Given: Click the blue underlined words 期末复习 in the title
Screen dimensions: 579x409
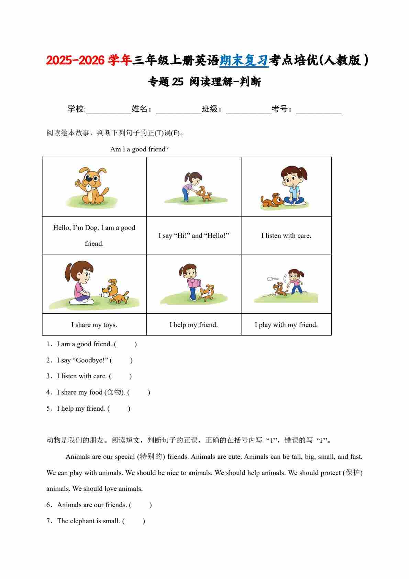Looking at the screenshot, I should pyautogui.click(x=244, y=61).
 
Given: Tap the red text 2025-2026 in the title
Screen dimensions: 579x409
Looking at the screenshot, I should pyautogui.click(x=75, y=61).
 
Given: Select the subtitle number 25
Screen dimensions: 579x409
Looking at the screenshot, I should pyautogui.click(x=178, y=82).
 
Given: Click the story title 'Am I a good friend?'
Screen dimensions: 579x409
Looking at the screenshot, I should pyautogui.click(x=139, y=149).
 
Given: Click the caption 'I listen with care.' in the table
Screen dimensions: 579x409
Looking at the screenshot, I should pyautogui.click(x=286, y=236).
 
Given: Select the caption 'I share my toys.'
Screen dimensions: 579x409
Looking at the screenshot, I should pyautogui.click(x=94, y=325).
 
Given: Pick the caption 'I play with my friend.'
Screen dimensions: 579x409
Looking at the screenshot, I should pyautogui.click(x=286, y=325).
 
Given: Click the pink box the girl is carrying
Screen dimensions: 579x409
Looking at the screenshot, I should pyautogui.click(x=194, y=283).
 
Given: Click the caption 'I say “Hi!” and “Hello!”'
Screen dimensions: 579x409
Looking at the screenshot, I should pyautogui.click(x=194, y=236).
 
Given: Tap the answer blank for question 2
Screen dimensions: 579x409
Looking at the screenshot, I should pyautogui.click(x=121, y=360).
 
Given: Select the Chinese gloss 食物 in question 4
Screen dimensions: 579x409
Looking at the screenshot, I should pyautogui.click(x=114, y=392).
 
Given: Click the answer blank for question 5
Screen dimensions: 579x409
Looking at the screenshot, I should pyautogui.click(x=119, y=409).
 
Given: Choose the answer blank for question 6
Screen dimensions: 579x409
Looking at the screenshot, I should pyautogui.click(x=141, y=505).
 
